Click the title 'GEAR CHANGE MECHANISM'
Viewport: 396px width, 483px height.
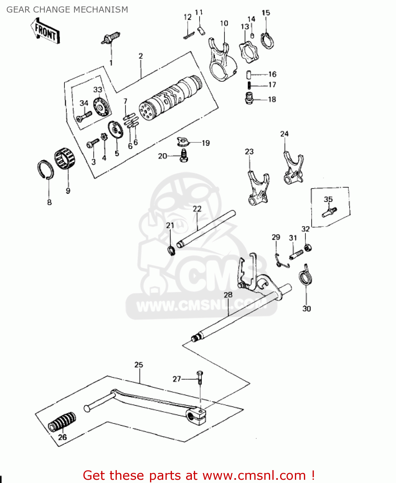[x=67, y=10]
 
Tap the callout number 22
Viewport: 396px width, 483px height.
[x=197, y=209]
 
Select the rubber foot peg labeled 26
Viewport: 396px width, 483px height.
[x=62, y=421]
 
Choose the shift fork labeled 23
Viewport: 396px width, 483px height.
[x=258, y=190]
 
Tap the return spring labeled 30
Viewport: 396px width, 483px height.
[x=305, y=277]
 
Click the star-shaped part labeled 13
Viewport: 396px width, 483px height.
[x=249, y=52]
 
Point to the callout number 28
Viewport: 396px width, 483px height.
[x=228, y=295]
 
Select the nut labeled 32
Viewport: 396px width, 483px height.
[x=308, y=248]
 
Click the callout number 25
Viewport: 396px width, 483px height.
[x=138, y=365]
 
